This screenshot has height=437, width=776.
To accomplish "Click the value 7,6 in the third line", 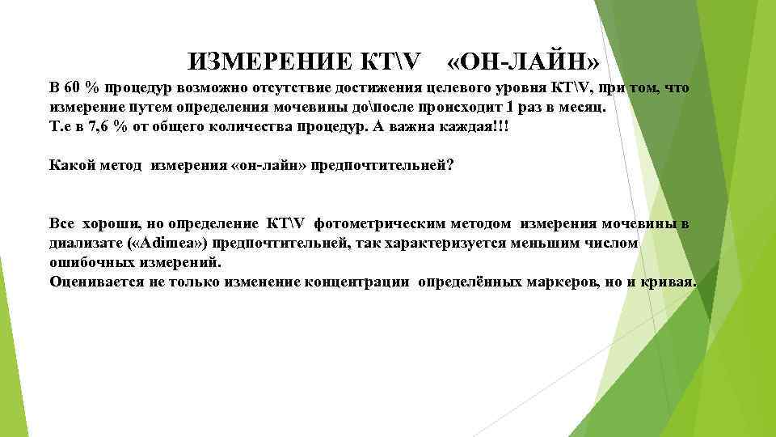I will (x=103, y=127).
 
